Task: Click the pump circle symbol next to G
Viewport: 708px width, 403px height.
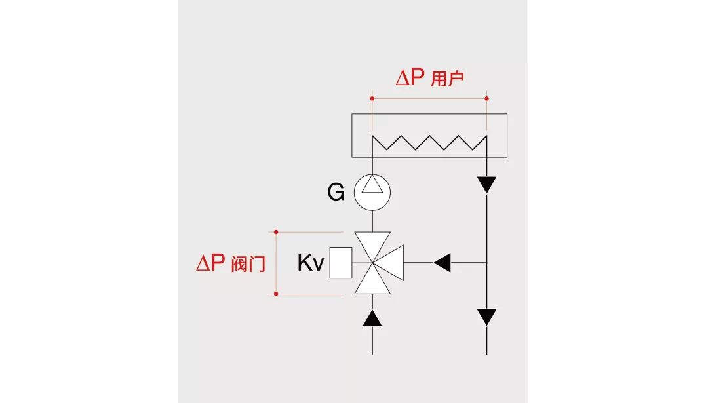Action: pyautogui.click(x=372, y=192)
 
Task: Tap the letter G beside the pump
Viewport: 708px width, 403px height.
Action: pyautogui.click(x=336, y=193)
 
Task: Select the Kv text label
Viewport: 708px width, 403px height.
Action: pyautogui.click(x=311, y=263)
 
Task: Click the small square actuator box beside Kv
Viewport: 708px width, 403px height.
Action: pyautogui.click(x=341, y=263)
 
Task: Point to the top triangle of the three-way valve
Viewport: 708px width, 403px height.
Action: pyautogui.click(x=372, y=244)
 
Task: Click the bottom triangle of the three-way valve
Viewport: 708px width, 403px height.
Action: pyautogui.click(x=372, y=282)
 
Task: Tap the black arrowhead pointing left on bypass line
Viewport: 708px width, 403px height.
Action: pyautogui.click(x=442, y=263)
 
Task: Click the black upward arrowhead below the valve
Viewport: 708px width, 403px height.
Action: pyautogui.click(x=372, y=318)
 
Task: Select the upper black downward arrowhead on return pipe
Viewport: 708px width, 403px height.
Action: pyautogui.click(x=486, y=185)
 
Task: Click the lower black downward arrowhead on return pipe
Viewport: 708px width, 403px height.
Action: pyautogui.click(x=486, y=317)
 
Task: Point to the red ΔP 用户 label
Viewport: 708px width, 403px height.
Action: pyautogui.click(x=429, y=79)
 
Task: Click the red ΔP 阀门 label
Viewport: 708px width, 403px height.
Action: pyautogui.click(x=231, y=263)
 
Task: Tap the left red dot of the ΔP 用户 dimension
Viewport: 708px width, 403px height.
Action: pyautogui.click(x=372, y=98)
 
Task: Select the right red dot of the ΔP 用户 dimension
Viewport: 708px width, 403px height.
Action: pyautogui.click(x=486, y=98)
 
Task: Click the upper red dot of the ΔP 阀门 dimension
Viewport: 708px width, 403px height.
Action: pyautogui.click(x=276, y=231)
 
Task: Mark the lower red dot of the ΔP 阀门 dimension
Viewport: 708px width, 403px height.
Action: pyautogui.click(x=276, y=294)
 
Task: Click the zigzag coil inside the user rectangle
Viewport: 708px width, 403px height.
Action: pyautogui.click(x=429, y=142)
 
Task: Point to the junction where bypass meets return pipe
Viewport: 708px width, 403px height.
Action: pyautogui.click(x=486, y=263)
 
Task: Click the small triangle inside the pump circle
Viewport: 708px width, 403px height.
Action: pyautogui.click(x=372, y=186)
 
